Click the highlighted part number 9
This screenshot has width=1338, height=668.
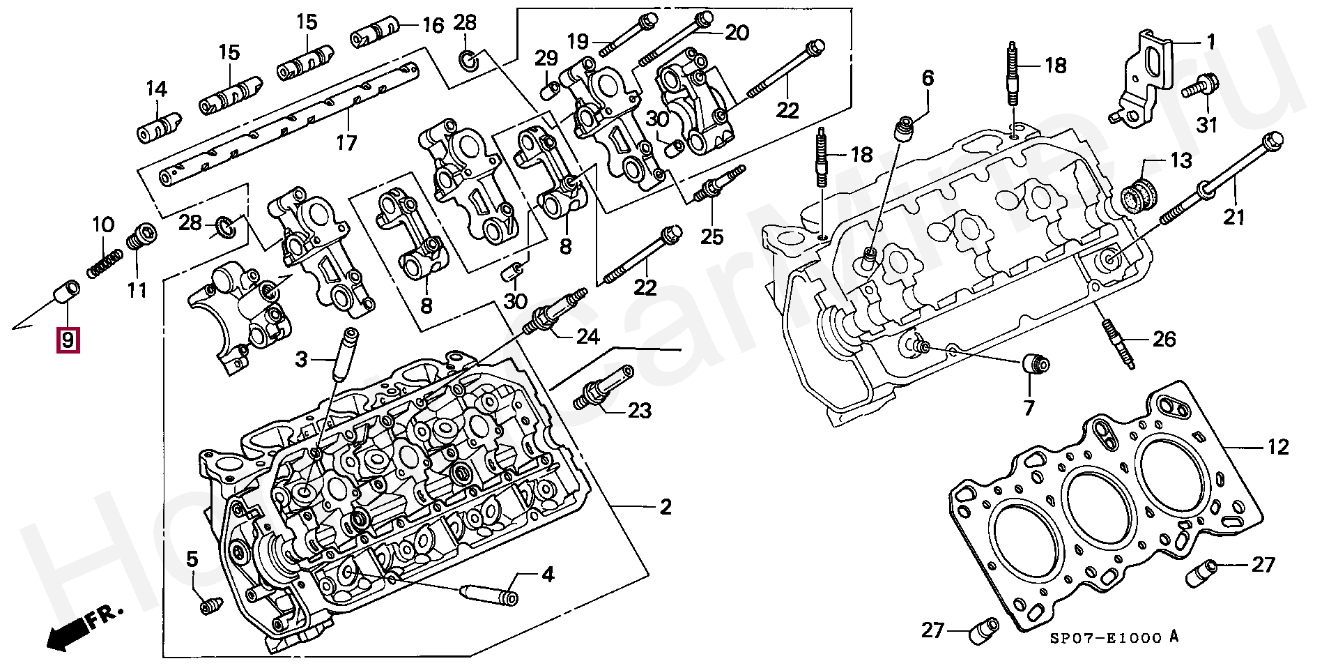pos(68,340)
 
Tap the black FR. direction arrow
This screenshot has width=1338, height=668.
pos(70,633)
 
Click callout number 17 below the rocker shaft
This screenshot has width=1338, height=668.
pos(346,143)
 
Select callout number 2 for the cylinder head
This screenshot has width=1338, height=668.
pos(666,507)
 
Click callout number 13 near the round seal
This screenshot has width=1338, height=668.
pos(1181,160)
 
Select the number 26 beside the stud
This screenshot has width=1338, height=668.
pos(1164,340)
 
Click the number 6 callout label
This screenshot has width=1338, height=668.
pos(928,78)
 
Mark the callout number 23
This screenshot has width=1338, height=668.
pos(639,411)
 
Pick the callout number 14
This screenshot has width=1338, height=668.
pos(157,89)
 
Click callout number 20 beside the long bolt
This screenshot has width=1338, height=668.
pos(737,33)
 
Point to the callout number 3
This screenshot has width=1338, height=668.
pos(301,359)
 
